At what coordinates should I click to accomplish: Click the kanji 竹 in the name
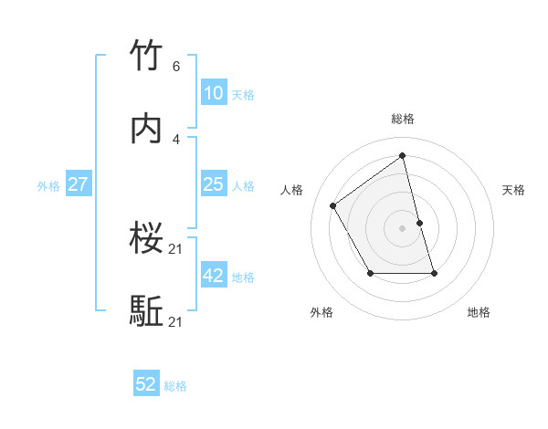(x=147, y=57)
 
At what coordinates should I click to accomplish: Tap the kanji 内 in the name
(x=147, y=130)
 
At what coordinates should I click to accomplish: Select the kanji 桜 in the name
(x=147, y=239)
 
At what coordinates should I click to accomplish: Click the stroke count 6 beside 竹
(x=176, y=67)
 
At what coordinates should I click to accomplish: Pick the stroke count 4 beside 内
(x=176, y=139)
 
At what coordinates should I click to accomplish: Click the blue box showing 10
(x=214, y=93)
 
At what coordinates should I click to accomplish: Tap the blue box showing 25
(x=214, y=184)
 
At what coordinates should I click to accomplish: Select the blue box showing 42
(x=214, y=276)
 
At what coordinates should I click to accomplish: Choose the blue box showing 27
(x=79, y=184)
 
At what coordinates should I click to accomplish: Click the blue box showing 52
(x=146, y=385)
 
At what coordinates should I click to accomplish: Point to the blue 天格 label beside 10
(x=243, y=94)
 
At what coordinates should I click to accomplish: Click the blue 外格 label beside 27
(x=48, y=185)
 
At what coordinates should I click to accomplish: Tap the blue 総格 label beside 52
(x=175, y=386)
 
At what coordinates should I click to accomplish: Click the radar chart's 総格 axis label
(x=403, y=119)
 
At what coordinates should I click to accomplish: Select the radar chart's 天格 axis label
(x=514, y=190)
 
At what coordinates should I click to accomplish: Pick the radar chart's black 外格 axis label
(x=321, y=312)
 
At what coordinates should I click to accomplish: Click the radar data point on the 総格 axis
(x=403, y=155)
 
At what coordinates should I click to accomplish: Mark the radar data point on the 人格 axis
(x=333, y=205)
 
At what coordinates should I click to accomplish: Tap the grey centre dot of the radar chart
(x=403, y=227)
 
